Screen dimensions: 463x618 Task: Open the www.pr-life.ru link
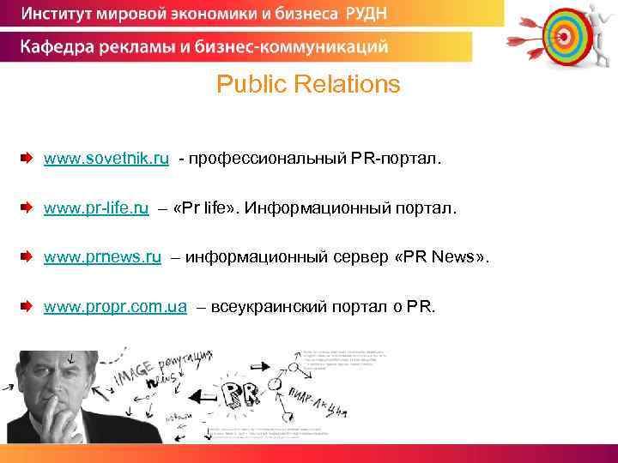pyautogui.click(x=96, y=208)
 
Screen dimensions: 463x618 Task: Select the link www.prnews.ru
pyautogui.click(x=102, y=258)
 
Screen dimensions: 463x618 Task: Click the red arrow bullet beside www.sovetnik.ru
pyautogui.click(x=27, y=159)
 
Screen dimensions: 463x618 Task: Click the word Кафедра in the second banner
pyautogui.click(x=58, y=46)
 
